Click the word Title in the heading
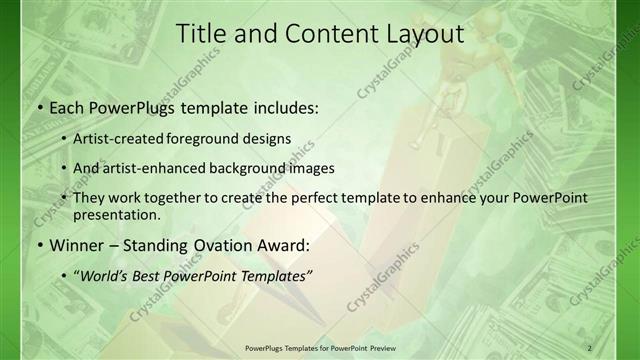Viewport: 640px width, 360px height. click(x=200, y=33)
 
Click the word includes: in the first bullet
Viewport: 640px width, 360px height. click(x=280, y=108)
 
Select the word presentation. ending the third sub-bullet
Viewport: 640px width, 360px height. click(x=116, y=215)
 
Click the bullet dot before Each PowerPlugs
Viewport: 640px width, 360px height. click(x=39, y=108)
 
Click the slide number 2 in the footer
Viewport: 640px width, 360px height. click(x=589, y=347)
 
